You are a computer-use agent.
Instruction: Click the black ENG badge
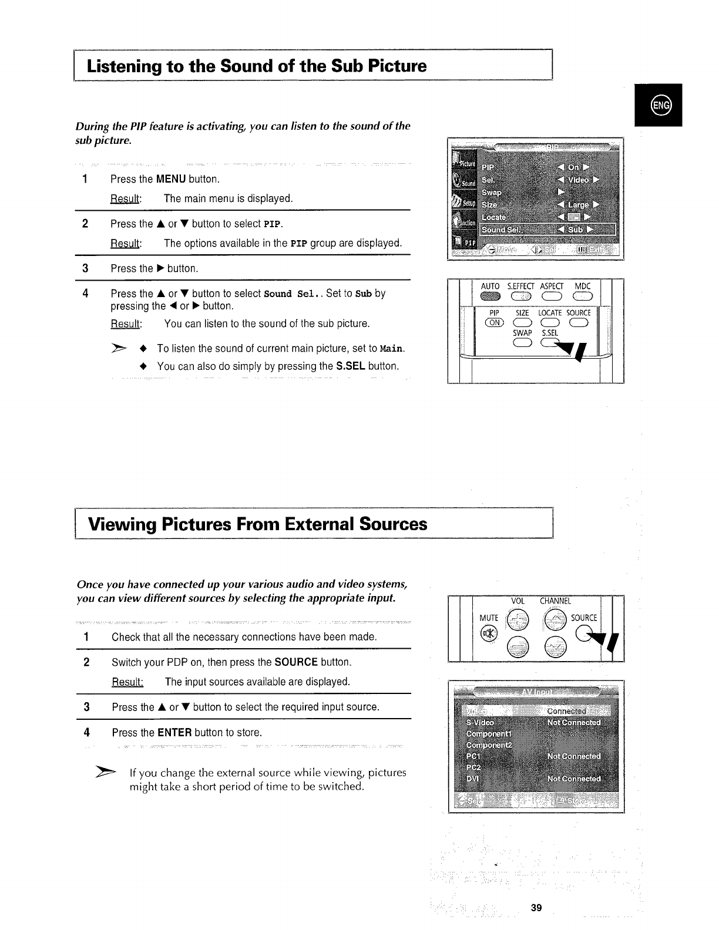click(x=658, y=106)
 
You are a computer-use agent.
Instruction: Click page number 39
click(x=536, y=908)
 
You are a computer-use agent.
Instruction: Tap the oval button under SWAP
click(x=521, y=345)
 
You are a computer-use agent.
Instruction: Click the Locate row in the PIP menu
click(x=493, y=217)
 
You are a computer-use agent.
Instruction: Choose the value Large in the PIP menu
click(x=578, y=204)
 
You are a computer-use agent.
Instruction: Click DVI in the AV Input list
click(x=472, y=778)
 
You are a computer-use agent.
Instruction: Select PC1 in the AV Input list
click(x=473, y=756)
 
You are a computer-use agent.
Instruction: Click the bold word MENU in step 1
click(x=171, y=178)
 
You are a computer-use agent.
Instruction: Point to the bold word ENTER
click(x=174, y=732)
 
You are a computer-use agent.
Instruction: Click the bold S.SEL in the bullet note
click(x=351, y=366)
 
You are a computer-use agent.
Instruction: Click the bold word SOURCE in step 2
click(x=295, y=662)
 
